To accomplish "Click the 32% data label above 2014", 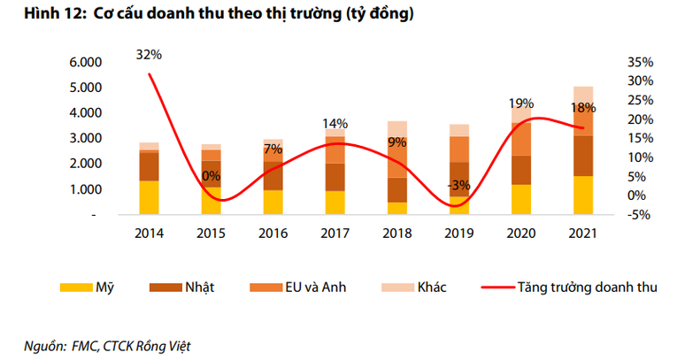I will [x=149, y=55].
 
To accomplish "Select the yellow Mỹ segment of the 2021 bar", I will [x=583, y=195].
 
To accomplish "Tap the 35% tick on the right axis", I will [x=641, y=63].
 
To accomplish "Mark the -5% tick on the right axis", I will [x=641, y=214].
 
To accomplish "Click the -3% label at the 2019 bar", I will [x=458, y=185].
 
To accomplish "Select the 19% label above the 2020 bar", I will [x=521, y=103].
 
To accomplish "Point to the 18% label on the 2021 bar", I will [x=583, y=108].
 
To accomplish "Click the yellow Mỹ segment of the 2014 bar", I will [x=149, y=197].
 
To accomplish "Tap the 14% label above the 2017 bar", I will [x=335, y=123].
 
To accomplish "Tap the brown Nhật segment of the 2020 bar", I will [x=521, y=170].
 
